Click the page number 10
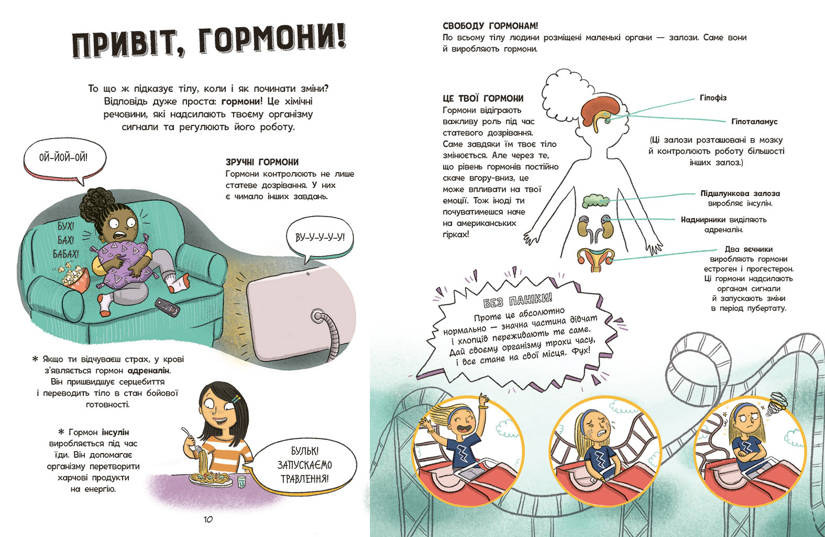click(x=208, y=519)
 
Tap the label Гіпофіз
click(x=713, y=98)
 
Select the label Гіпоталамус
click(x=754, y=122)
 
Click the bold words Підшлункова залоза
click(x=740, y=194)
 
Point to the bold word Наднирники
click(x=703, y=220)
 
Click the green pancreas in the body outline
click(x=596, y=201)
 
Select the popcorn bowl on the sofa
click(x=74, y=277)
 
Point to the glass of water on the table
click(x=241, y=482)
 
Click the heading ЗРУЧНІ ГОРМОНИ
click(x=262, y=162)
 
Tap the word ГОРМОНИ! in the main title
click(x=272, y=42)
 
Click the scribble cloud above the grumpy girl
click(x=778, y=401)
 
